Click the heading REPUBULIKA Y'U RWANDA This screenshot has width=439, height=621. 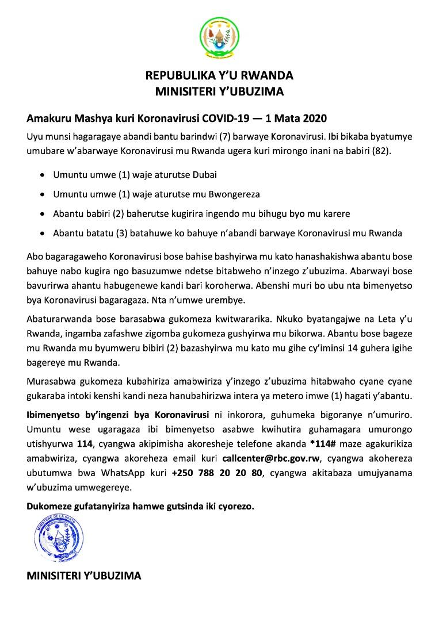219,75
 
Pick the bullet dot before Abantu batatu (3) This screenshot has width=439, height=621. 44,233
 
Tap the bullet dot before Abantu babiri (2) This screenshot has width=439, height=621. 44,213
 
